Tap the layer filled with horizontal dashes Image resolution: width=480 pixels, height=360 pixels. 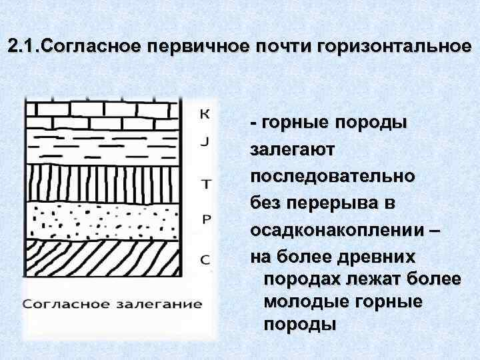[104, 145]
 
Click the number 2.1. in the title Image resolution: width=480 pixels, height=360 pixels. [24, 48]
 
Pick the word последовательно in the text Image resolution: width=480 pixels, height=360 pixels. [333, 177]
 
